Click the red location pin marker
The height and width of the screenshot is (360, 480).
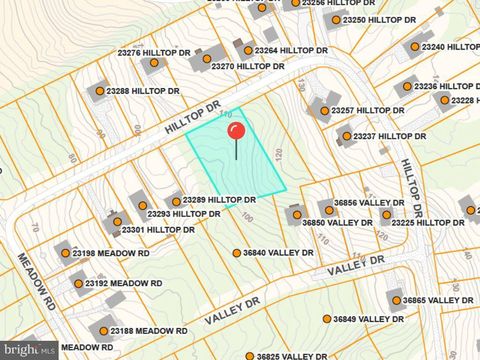click(236, 131)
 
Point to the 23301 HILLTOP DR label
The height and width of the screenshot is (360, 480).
click(158, 230)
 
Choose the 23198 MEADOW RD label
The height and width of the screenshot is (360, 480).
click(110, 254)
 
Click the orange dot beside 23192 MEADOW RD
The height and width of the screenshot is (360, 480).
click(77, 284)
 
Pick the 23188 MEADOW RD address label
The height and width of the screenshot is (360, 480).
click(149, 331)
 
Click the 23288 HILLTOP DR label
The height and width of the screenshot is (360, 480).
click(143, 91)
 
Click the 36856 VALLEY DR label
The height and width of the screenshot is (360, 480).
click(369, 202)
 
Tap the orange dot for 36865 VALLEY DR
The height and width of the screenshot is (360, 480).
click(396, 300)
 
